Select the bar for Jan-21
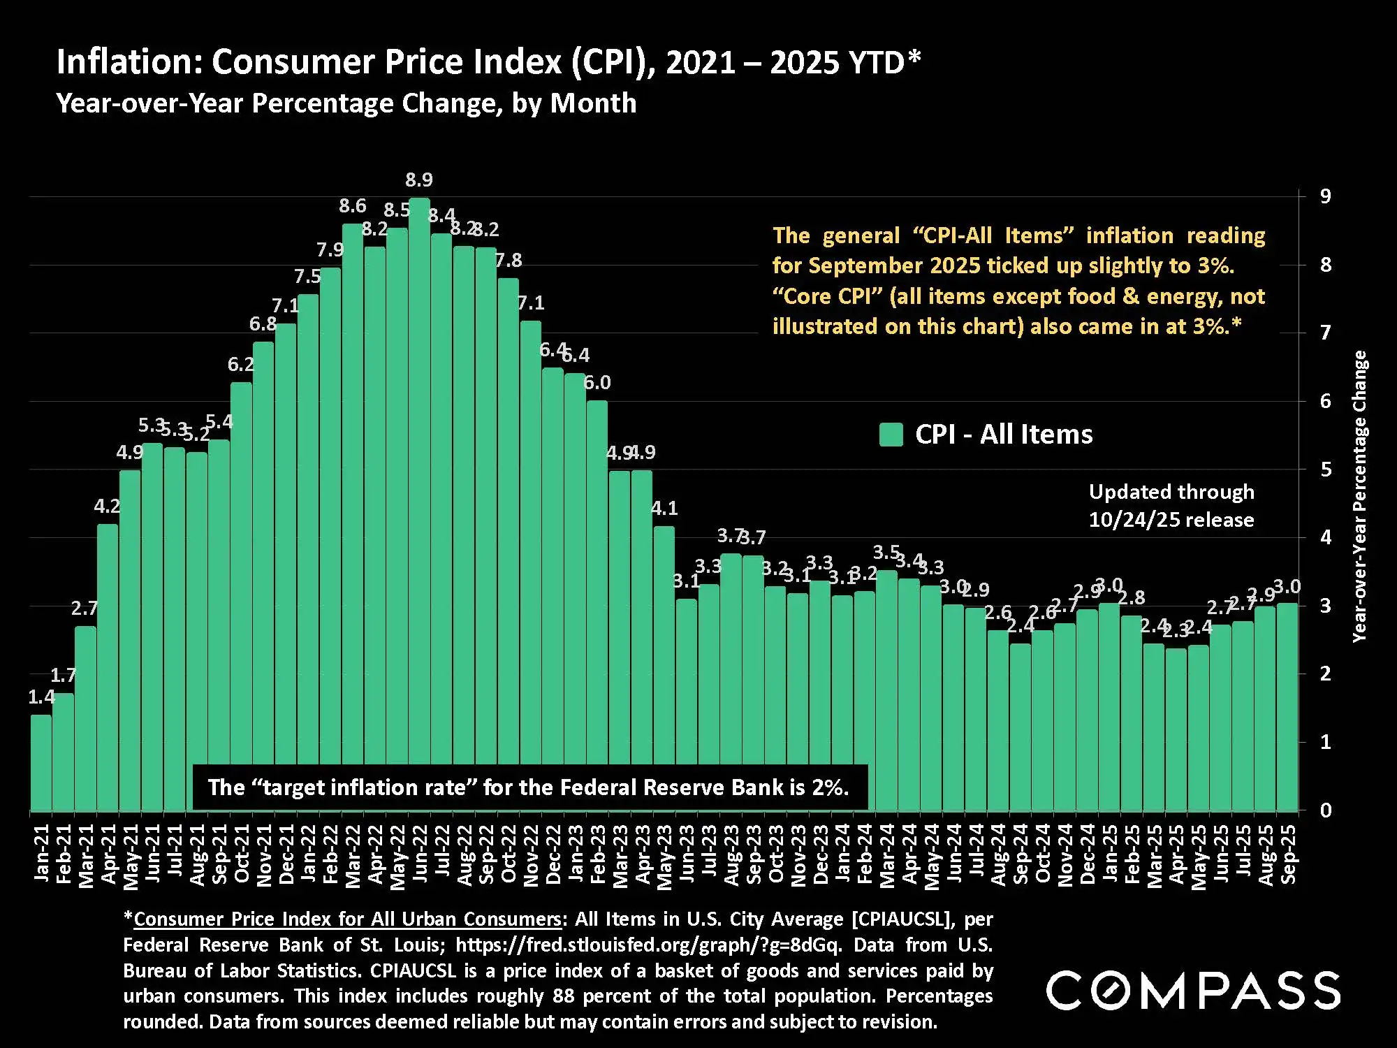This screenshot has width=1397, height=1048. click(x=41, y=762)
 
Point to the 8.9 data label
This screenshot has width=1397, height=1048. click(x=419, y=180)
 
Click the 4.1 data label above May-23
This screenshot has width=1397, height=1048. click(x=664, y=509)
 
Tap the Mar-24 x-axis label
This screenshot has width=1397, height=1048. click(x=887, y=855)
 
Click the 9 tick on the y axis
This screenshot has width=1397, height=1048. click(x=1325, y=196)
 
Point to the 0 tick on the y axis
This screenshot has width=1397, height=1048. click(x=1325, y=810)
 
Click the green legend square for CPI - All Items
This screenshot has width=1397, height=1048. click(x=891, y=435)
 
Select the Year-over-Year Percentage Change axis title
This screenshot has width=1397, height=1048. click(x=1359, y=496)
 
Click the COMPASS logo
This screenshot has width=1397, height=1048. click(x=1193, y=990)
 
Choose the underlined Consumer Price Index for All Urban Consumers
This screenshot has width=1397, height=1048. click(x=347, y=919)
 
